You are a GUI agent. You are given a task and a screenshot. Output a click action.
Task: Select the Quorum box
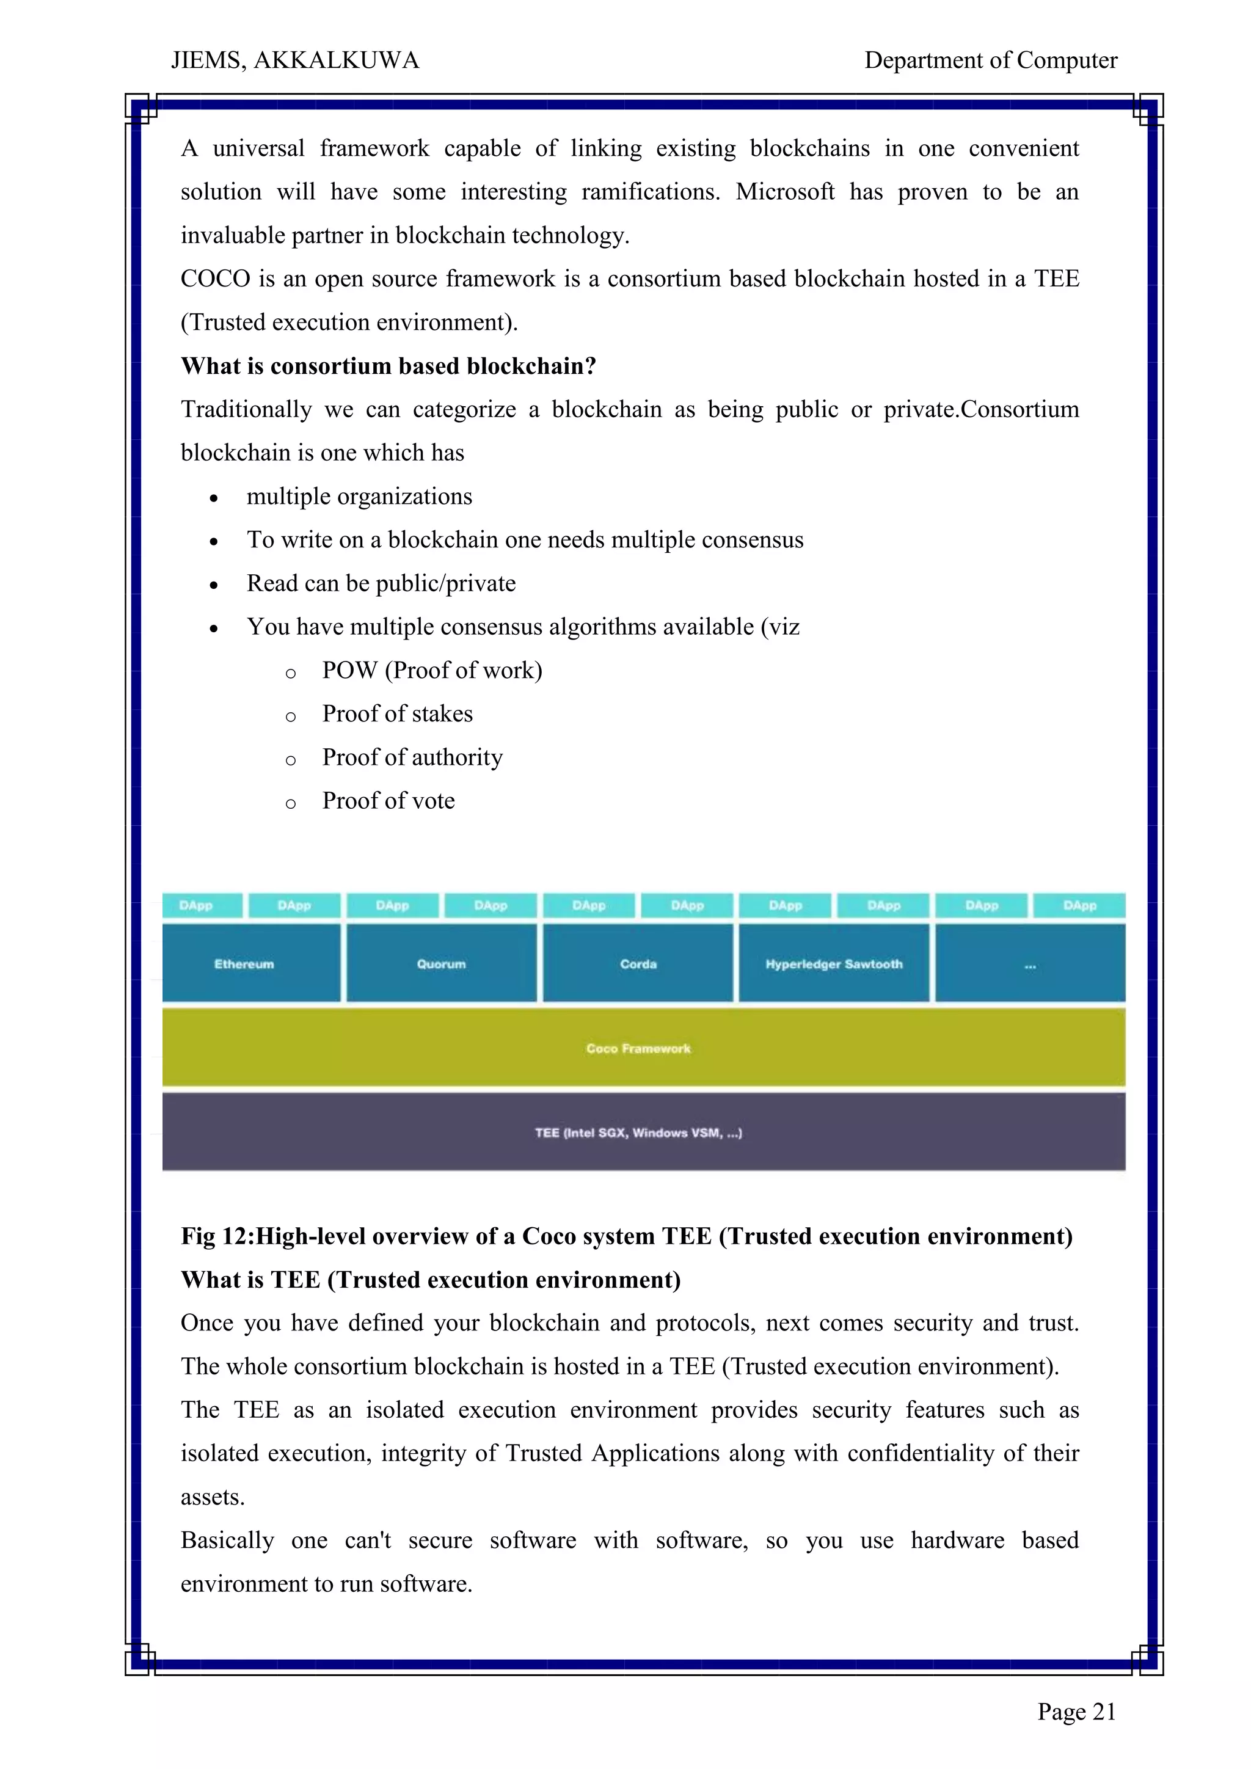pos(442,963)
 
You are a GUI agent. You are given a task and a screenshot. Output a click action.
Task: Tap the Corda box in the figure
pos(638,963)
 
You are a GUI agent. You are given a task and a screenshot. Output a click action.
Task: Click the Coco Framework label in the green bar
pos(638,1049)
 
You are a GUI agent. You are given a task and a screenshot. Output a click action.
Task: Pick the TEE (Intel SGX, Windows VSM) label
pos(638,1133)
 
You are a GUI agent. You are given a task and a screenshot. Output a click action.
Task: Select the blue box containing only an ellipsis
pos(1030,963)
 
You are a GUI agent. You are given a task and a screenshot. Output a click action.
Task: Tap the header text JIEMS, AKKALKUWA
pos(295,60)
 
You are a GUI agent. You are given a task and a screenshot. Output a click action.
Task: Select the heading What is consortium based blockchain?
pos(388,366)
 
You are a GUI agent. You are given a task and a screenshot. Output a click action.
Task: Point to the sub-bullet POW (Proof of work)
pos(431,670)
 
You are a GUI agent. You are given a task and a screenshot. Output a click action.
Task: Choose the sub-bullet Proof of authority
pos(412,757)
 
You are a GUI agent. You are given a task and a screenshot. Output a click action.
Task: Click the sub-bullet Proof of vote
pos(388,801)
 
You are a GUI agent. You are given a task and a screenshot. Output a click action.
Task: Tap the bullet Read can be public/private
pos(381,583)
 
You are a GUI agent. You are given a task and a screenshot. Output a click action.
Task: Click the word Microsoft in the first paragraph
pos(784,192)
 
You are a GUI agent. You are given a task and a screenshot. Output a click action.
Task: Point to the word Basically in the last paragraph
pos(227,1540)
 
